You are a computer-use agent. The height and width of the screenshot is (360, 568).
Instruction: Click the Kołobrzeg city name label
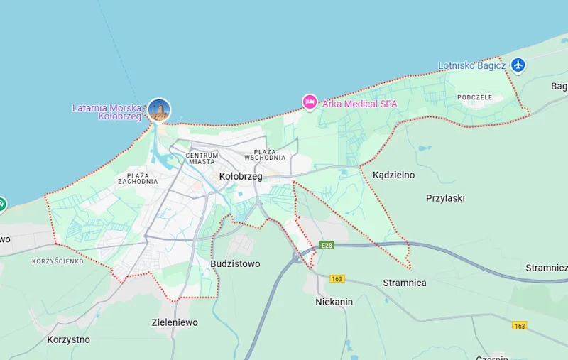point(241,176)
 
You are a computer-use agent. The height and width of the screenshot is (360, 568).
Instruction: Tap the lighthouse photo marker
point(159,110)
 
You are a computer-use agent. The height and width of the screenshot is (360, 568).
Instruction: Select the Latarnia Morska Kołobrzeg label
point(107,111)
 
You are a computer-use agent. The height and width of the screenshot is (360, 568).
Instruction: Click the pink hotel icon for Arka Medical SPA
point(310,102)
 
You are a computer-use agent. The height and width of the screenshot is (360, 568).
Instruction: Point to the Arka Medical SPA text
point(359,104)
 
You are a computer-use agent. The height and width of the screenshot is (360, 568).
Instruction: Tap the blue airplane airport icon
point(518,65)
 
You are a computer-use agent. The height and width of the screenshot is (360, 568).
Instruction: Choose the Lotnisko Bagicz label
point(471,66)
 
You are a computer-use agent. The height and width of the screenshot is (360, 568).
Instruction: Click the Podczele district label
point(475,97)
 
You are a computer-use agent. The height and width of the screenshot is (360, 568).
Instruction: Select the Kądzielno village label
point(393,175)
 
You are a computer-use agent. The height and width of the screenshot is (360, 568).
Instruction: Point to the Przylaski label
point(445,199)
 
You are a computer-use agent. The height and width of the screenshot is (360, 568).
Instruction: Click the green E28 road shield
point(327,245)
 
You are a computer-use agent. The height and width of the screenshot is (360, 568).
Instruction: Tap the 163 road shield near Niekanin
point(337,279)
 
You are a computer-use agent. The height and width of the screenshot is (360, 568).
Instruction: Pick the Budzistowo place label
point(235,263)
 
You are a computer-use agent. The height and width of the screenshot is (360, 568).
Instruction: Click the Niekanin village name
point(334,302)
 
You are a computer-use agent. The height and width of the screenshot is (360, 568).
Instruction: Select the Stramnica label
point(405,283)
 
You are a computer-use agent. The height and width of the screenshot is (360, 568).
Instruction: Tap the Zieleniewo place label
point(175,322)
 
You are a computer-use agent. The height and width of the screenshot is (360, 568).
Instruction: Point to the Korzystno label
point(68,339)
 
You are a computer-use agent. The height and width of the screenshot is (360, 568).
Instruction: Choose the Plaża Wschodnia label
point(265,155)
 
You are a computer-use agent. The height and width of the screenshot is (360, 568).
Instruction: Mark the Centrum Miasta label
point(202,158)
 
